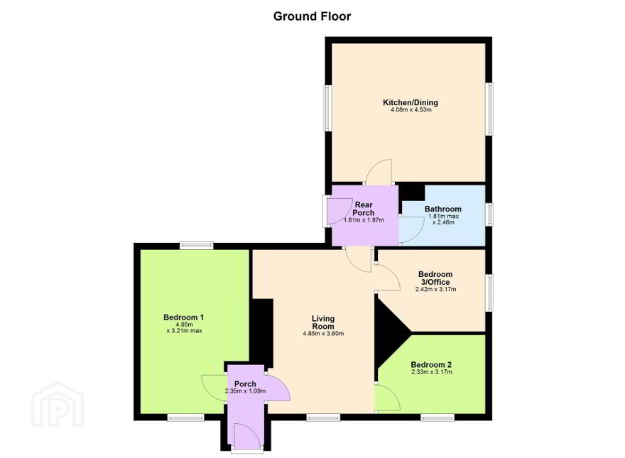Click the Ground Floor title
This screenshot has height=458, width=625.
(312, 16)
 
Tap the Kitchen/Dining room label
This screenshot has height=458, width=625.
(411, 102)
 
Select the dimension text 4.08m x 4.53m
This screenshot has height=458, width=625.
(411, 109)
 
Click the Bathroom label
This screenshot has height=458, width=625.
(443, 209)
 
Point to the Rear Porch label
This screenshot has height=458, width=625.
(364, 209)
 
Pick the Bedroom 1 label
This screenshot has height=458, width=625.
(184, 317)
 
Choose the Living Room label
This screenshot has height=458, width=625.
(323, 322)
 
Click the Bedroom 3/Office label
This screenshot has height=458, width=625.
(435, 278)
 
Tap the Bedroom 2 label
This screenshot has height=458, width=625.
(431, 365)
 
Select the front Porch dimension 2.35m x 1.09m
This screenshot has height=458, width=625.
(245, 391)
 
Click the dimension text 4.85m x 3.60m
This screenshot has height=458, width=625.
(323, 333)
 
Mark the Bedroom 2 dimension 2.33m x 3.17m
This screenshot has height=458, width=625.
(432, 372)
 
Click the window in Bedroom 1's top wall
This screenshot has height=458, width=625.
(196, 246)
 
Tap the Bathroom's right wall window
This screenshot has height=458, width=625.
(489, 214)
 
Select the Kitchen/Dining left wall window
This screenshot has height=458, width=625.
(328, 108)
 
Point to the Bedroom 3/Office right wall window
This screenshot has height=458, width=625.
(489, 293)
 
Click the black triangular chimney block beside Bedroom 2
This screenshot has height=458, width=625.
(388, 333)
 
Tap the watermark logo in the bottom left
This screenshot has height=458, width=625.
(58, 405)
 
